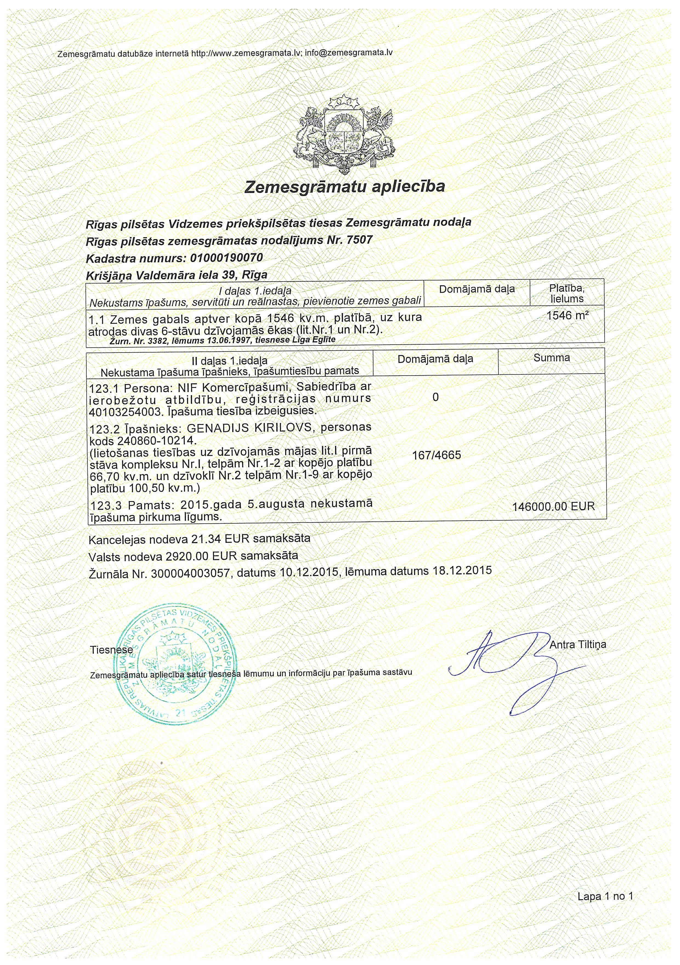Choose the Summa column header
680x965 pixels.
pyautogui.click(x=551, y=358)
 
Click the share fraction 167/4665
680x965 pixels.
pyautogui.click(x=436, y=455)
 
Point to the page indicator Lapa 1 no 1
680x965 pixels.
pyautogui.click(x=605, y=896)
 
